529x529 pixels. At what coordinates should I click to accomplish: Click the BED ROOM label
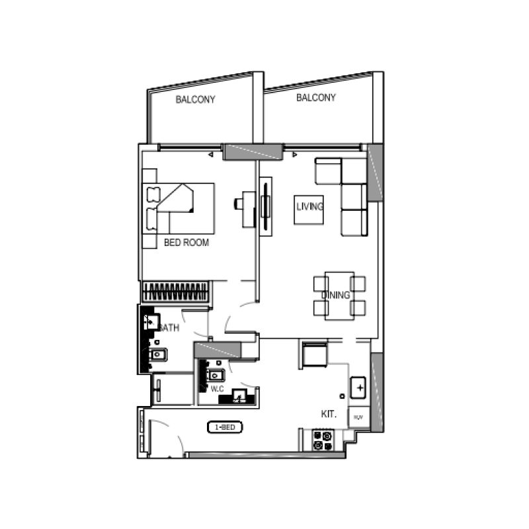click(186, 243)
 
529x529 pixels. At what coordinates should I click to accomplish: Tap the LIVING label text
click(309, 207)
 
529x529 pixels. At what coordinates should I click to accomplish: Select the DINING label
click(336, 295)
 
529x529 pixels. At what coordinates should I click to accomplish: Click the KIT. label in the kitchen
click(329, 415)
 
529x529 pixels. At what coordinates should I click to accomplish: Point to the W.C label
click(218, 389)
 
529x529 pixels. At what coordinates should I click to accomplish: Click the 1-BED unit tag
click(225, 428)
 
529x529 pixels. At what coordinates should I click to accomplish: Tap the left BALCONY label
click(195, 100)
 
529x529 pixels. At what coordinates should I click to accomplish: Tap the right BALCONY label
click(315, 98)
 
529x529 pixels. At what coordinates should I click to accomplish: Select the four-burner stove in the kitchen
click(323, 440)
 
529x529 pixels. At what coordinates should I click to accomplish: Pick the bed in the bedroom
click(179, 208)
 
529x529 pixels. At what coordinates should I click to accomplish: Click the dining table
click(339, 296)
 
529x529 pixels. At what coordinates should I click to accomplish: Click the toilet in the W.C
click(216, 376)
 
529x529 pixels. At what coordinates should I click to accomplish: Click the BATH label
click(168, 327)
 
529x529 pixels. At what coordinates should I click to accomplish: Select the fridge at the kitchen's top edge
click(313, 354)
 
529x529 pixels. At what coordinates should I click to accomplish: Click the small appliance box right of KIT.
click(358, 417)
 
